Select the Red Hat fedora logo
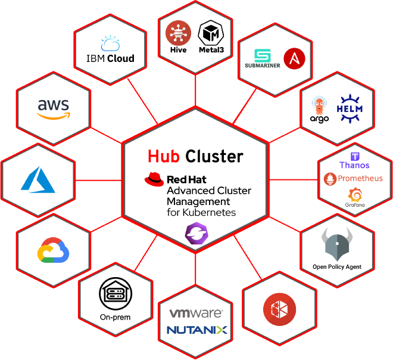[x=154, y=178]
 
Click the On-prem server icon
[x=115, y=293]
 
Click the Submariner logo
[x=263, y=57]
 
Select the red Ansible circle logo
[x=294, y=59]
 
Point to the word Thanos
[x=354, y=165]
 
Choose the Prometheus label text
[x=360, y=178]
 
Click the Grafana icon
[x=355, y=194]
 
